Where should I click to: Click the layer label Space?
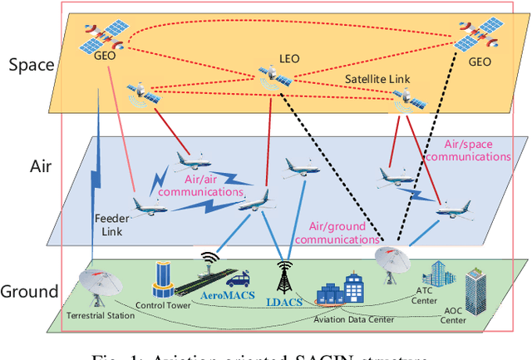click(30, 65)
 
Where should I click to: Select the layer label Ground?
click(30, 291)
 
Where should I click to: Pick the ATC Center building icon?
click(436, 274)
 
